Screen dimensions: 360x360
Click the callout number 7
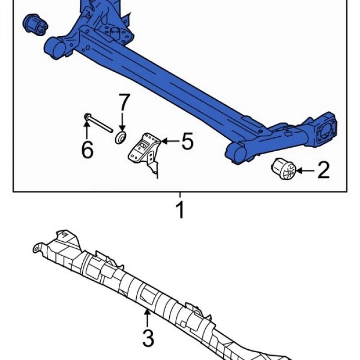124,102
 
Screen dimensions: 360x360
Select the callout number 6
87,150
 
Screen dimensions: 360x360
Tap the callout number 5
187,141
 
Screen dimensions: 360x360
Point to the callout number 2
323,170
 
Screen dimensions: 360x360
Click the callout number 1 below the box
181,210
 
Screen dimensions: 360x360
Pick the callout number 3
148,338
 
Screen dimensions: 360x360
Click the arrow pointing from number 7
122,122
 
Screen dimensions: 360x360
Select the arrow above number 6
86,130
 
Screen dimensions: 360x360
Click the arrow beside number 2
305,170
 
